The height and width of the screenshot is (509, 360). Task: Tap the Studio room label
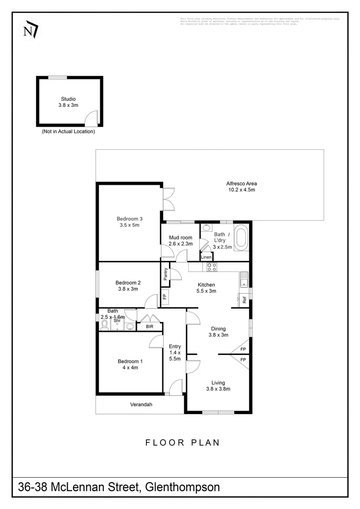point(68,99)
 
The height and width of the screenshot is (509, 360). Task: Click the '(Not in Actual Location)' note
point(68,131)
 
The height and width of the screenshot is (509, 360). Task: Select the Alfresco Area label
point(241,184)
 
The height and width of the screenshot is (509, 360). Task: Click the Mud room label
point(180,238)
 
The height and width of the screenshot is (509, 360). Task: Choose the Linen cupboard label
point(206,257)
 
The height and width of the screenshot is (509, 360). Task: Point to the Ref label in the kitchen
point(244,301)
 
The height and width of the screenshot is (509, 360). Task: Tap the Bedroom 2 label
point(128,283)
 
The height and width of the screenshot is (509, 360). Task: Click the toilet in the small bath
point(105,325)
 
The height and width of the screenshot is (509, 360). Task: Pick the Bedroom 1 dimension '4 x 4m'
point(131,368)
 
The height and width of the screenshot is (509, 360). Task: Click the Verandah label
point(141,404)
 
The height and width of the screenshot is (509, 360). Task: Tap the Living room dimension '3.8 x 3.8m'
point(218,389)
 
